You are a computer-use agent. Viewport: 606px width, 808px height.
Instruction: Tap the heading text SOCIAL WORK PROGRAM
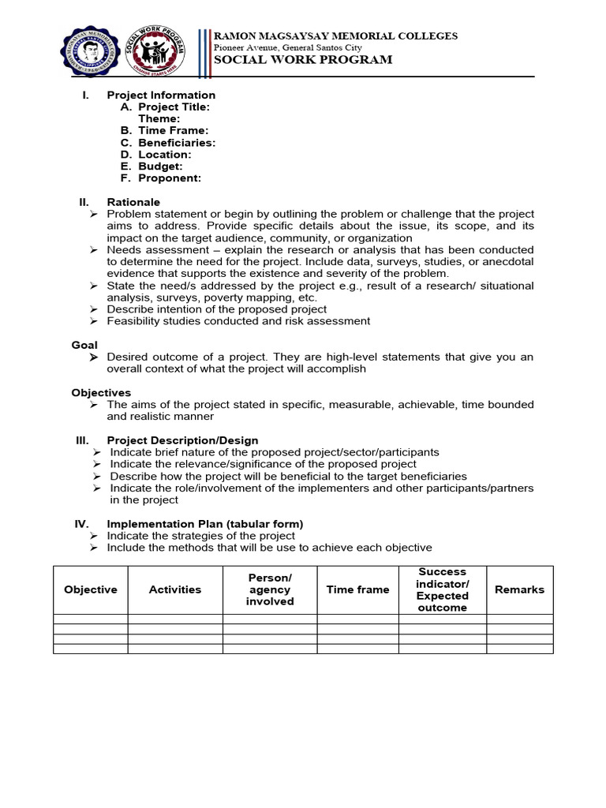(x=303, y=60)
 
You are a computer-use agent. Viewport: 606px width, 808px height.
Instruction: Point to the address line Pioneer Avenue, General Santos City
(x=288, y=47)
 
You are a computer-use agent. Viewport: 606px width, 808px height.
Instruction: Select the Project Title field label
(x=174, y=107)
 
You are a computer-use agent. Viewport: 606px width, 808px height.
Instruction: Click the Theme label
(x=159, y=119)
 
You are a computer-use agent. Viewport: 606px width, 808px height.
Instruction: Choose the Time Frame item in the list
(x=173, y=131)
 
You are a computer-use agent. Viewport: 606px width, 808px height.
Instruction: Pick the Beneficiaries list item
(x=177, y=143)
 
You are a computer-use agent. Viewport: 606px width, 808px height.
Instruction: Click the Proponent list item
(x=169, y=178)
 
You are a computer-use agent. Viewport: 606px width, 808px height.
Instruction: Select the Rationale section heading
(x=133, y=203)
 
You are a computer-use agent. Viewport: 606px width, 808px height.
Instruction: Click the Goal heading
(x=84, y=345)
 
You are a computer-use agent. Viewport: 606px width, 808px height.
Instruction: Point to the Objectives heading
(x=101, y=393)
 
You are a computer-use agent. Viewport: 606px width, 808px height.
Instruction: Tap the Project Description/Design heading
(x=182, y=440)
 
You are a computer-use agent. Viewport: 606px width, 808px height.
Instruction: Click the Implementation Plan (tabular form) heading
(x=204, y=524)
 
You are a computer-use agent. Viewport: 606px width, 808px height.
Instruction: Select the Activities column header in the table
(x=175, y=589)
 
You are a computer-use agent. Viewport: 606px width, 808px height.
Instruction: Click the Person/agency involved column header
(x=270, y=589)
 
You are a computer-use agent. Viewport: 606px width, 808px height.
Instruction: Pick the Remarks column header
(x=519, y=589)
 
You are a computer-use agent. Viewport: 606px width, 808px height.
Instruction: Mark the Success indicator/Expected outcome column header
(x=442, y=589)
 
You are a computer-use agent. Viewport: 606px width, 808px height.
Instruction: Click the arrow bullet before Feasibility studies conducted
(x=94, y=321)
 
